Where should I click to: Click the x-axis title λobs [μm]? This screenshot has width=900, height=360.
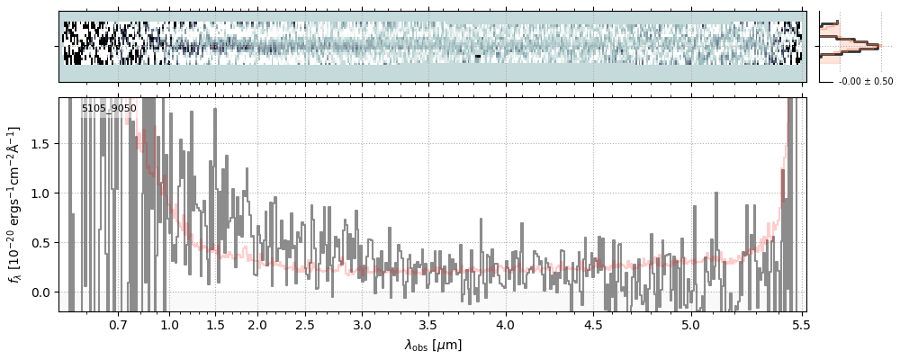click(x=433, y=344)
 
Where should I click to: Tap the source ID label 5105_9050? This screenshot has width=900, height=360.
click(x=109, y=108)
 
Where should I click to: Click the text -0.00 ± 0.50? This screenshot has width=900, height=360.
click(x=865, y=81)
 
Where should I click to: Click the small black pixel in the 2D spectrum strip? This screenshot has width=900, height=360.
click(x=479, y=56)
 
